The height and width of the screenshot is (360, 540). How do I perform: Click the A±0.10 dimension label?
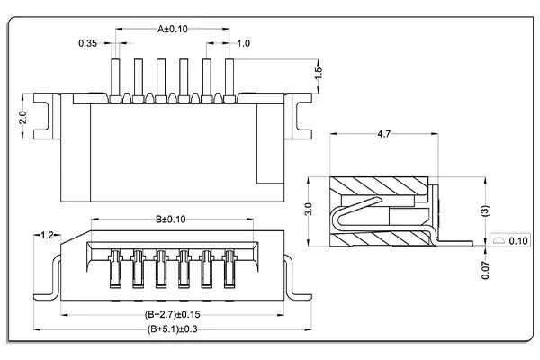coord(172,29)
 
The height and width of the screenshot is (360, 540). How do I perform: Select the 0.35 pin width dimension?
coord(88,43)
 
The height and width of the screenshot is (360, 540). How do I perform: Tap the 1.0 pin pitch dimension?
coord(244,43)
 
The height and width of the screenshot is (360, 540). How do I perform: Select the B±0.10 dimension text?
coord(171,219)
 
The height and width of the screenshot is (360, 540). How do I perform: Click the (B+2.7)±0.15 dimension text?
coord(174,315)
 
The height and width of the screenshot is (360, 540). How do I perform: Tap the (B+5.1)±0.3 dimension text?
coord(174,329)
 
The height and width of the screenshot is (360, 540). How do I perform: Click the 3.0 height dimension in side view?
coord(308,210)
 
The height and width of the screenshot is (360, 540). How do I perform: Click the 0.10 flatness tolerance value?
coord(518,241)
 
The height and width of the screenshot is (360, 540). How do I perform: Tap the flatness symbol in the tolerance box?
coord(500,241)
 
